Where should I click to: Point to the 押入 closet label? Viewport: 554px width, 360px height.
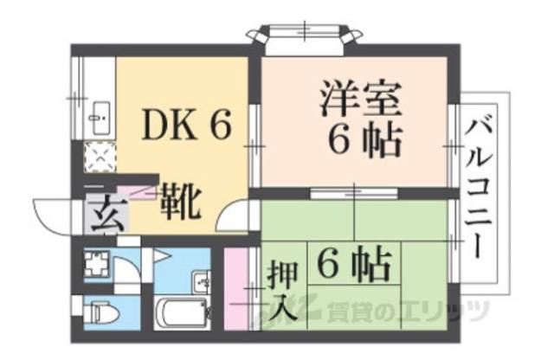pyautogui.click(x=283, y=292)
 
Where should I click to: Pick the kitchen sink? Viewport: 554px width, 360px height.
pyautogui.click(x=97, y=112)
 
